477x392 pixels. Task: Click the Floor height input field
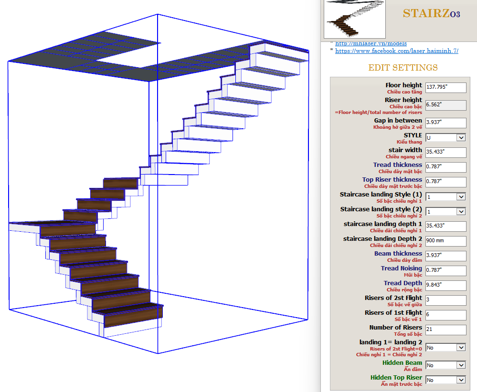click(445, 88)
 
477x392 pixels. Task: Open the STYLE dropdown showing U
click(445, 137)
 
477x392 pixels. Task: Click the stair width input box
click(445, 152)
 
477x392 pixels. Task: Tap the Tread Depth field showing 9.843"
click(445, 285)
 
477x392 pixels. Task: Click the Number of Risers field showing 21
click(445, 330)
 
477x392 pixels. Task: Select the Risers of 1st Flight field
click(445, 315)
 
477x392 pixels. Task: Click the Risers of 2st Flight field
click(445, 300)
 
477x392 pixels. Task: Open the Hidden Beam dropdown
click(445, 365)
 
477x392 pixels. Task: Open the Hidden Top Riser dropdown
click(445, 380)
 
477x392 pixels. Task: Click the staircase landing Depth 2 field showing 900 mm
click(445, 241)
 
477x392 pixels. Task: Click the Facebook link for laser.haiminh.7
click(396, 51)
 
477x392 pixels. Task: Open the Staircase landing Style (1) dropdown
click(445, 196)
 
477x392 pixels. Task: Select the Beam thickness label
click(398, 254)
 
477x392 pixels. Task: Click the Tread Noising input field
click(445, 270)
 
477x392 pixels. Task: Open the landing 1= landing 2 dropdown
click(445, 348)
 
